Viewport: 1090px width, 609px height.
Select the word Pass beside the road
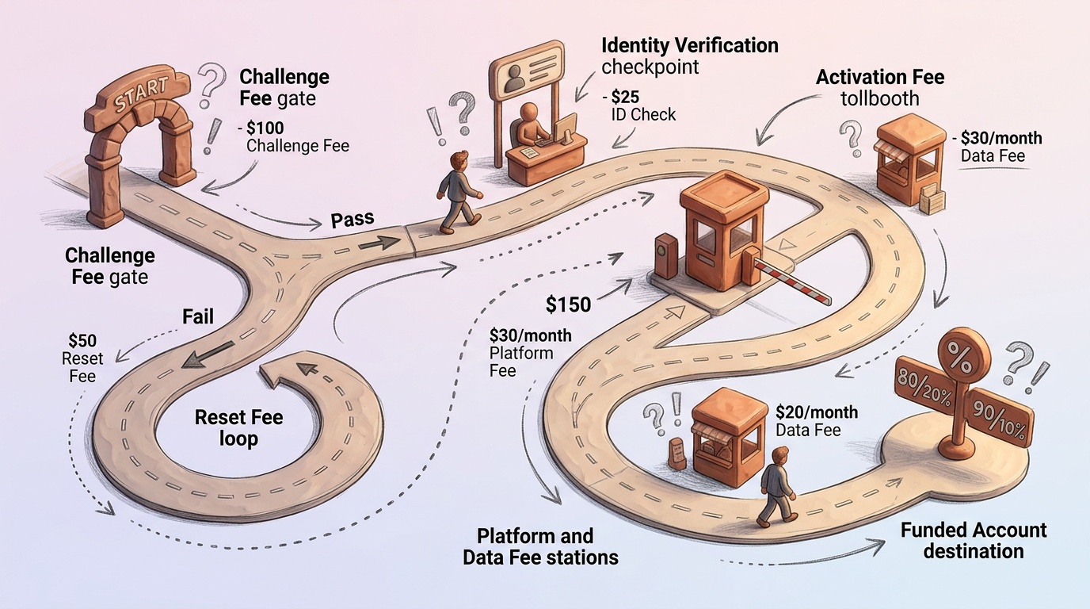point(352,220)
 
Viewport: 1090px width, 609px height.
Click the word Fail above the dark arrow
point(198,316)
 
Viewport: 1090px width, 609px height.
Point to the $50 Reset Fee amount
point(82,341)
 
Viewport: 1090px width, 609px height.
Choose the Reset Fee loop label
point(238,427)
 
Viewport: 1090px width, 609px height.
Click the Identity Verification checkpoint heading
point(689,45)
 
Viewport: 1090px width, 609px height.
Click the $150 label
point(569,304)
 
